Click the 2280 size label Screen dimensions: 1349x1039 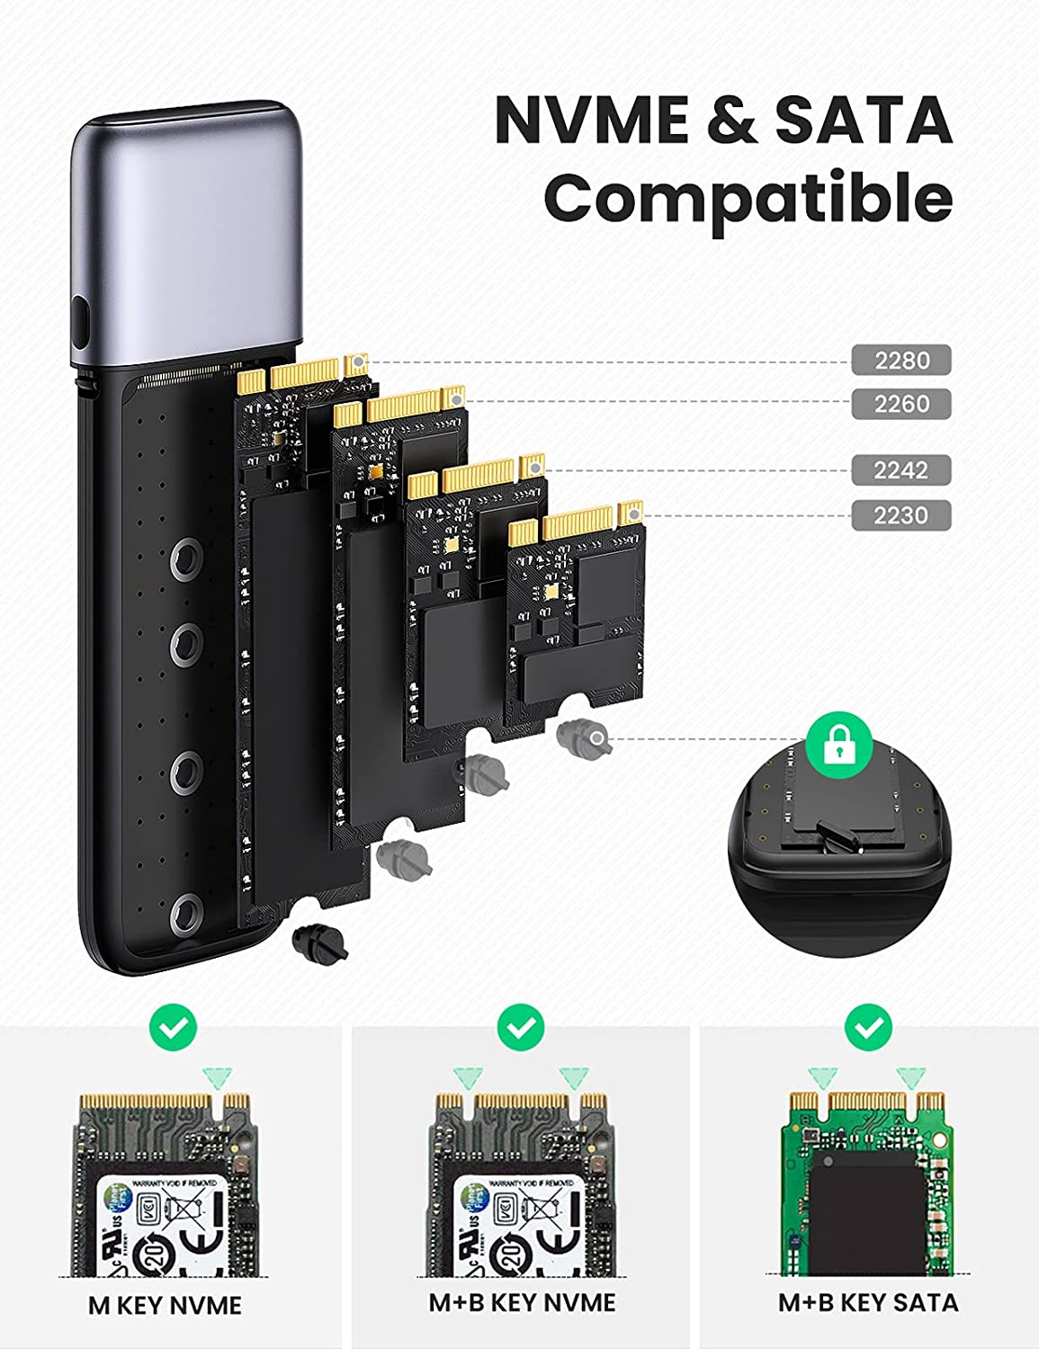tap(900, 361)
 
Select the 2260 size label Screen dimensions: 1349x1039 tap(900, 404)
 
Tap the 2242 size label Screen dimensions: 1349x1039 tap(900, 469)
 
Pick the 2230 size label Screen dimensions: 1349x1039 tap(900, 515)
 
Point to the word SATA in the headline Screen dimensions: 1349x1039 tap(863, 120)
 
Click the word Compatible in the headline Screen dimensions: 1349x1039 tap(748, 198)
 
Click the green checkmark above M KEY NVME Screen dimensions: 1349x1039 tap(174, 1026)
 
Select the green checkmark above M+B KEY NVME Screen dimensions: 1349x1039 tap(521, 1026)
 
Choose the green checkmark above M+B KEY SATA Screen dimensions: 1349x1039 tap(869, 1026)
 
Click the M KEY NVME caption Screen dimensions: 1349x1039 tap(165, 1305)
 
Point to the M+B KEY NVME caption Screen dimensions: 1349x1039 tap(522, 1302)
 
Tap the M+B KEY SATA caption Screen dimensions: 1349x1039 tap(868, 1302)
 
